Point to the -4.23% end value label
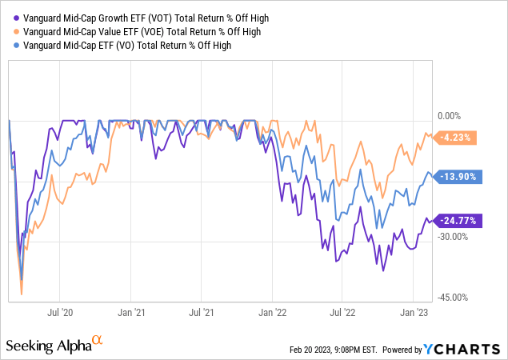click(x=455, y=137)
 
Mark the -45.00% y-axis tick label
click(x=457, y=297)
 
